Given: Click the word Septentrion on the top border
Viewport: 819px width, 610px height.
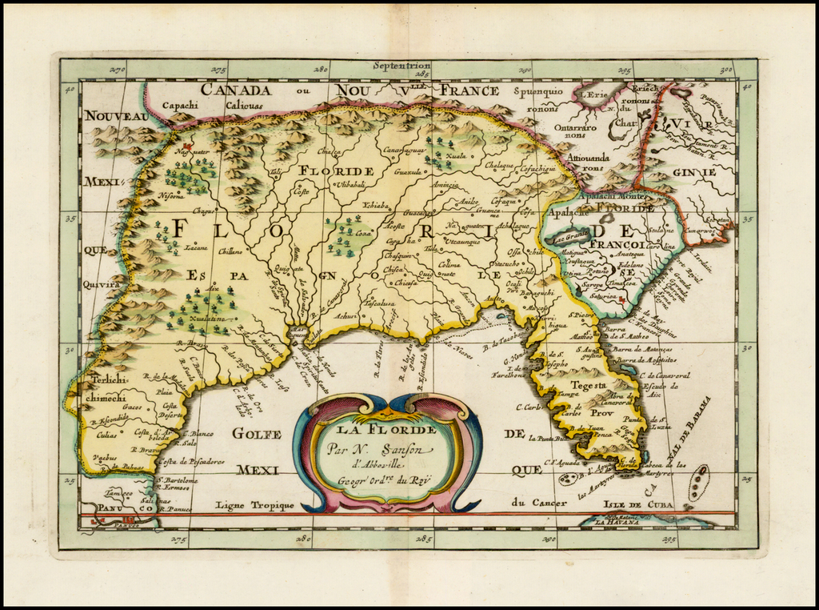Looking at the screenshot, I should click(402, 66).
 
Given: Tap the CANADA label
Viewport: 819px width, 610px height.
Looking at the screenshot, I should click(235, 90).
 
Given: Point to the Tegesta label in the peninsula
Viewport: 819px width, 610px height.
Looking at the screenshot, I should click(587, 384).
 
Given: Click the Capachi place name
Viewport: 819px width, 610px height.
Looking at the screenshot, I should click(180, 105).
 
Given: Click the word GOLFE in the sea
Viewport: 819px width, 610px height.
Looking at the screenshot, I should click(257, 434).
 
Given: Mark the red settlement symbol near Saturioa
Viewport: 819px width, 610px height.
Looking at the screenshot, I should click(621, 299).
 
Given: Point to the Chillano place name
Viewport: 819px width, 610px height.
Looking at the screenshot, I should click(230, 251).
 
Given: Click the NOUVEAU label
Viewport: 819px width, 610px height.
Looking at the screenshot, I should click(116, 117).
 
